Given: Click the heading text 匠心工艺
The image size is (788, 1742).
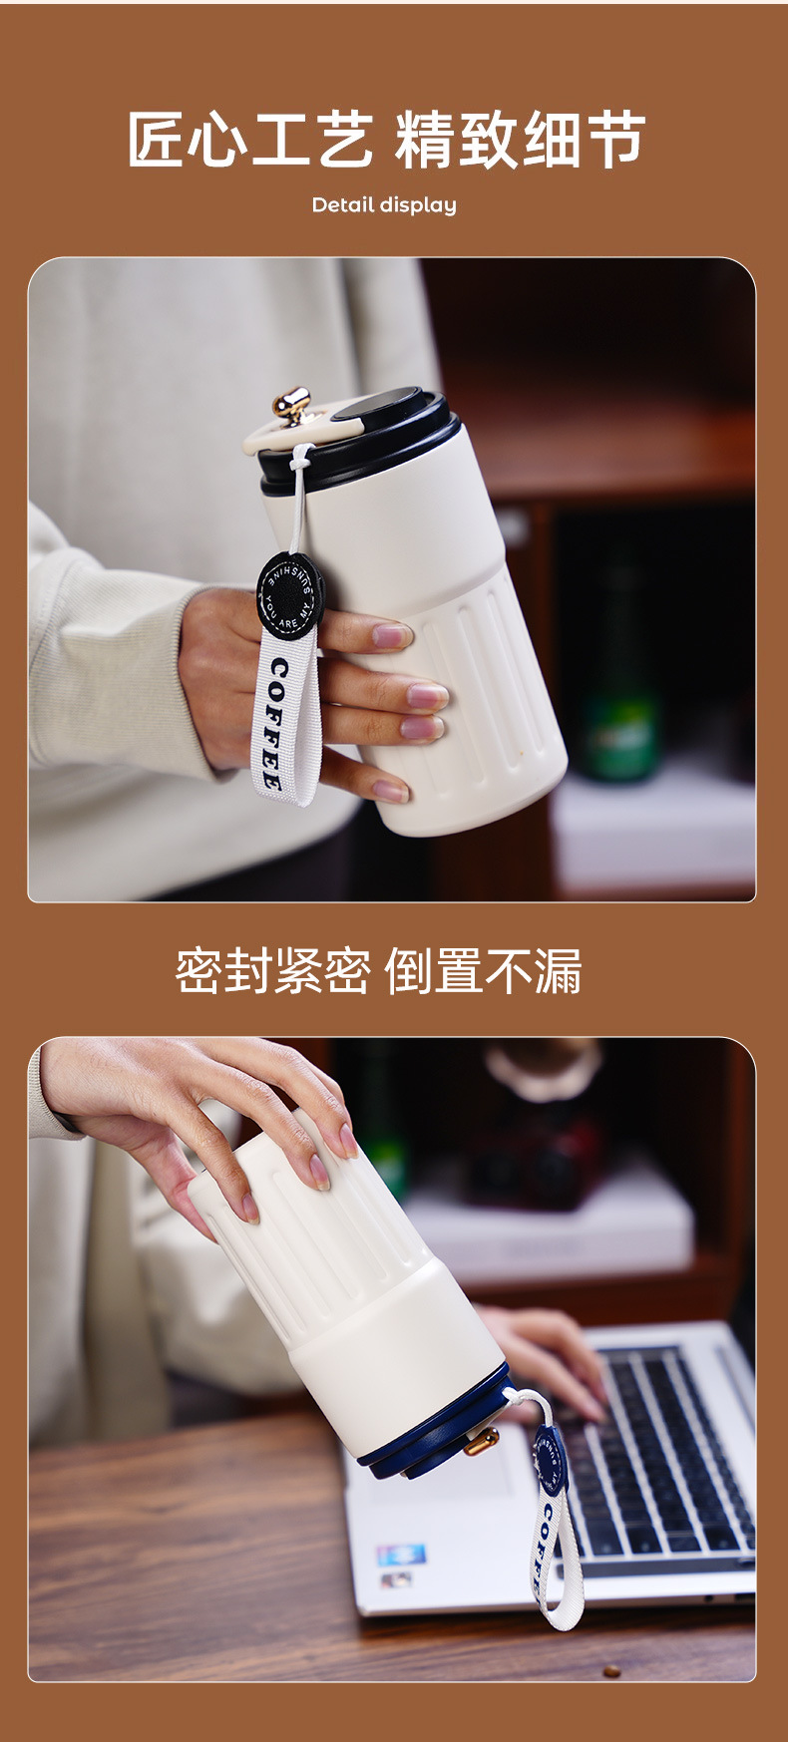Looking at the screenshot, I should [x=249, y=140].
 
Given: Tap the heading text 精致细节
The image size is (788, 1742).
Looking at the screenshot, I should [x=520, y=140].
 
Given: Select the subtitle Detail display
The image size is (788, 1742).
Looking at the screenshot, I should [x=384, y=205].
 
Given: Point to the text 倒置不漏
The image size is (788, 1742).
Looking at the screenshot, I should [x=483, y=971].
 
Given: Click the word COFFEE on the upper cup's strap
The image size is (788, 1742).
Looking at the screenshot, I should [x=275, y=724].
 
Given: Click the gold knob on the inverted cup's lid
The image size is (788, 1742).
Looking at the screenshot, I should [x=481, y=1441].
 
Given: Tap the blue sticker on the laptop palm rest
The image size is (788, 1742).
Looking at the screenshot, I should [x=400, y=1554].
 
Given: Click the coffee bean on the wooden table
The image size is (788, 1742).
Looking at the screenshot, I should [x=611, y=1671].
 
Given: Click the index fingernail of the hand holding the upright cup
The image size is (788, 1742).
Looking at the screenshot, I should [x=390, y=635].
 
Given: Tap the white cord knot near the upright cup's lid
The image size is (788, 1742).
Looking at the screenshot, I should [x=300, y=459].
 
